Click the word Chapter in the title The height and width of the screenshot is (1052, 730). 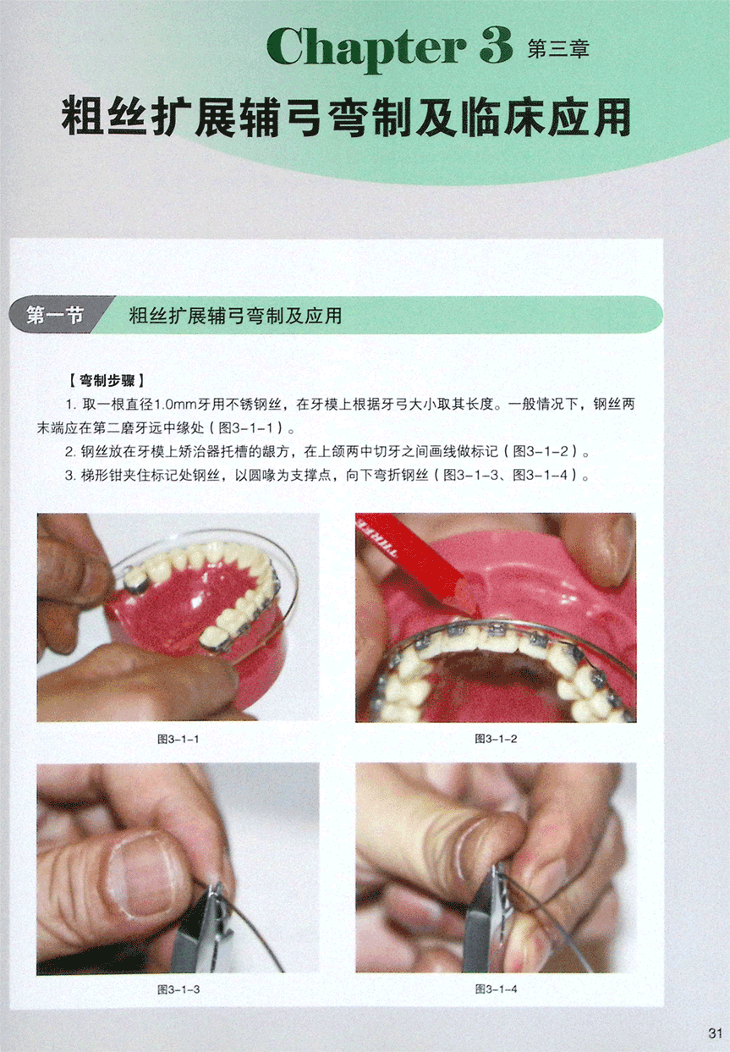click(x=366, y=48)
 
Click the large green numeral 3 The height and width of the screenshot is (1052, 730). click(x=496, y=46)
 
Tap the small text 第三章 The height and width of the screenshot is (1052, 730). click(x=558, y=49)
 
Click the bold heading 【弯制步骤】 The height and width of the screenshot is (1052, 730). click(x=107, y=380)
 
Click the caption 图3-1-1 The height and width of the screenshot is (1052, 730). click(x=178, y=739)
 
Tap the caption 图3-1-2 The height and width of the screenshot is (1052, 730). click(x=496, y=739)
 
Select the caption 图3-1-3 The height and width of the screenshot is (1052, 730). click(x=178, y=989)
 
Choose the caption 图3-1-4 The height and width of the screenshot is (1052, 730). click(x=496, y=989)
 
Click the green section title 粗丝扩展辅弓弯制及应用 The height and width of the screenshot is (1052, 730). click(x=235, y=316)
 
